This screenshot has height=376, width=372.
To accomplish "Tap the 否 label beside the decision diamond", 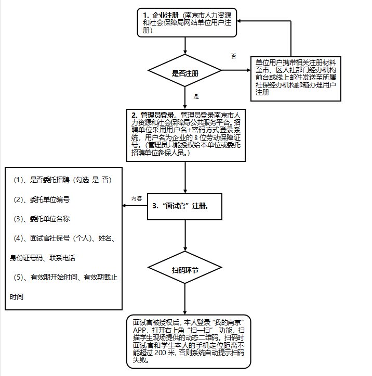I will pyautogui.click(x=233, y=55).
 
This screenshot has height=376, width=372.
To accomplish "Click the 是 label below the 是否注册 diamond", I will pyautogui.click(x=196, y=97).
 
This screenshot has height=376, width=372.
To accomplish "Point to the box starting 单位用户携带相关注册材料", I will pyautogui.click(x=296, y=78).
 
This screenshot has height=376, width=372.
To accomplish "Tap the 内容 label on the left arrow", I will pyautogui.click(x=137, y=198).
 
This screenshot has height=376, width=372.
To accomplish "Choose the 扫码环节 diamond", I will pyautogui.click(x=185, y=271).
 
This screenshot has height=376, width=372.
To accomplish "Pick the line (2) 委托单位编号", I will pyautogui.click(x=49, y=199).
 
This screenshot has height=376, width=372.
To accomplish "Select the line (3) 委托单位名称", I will pyautogui.click(x=49, y=219).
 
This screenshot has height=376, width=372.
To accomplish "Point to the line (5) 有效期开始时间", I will pyautogui.click(x=65, y=278).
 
